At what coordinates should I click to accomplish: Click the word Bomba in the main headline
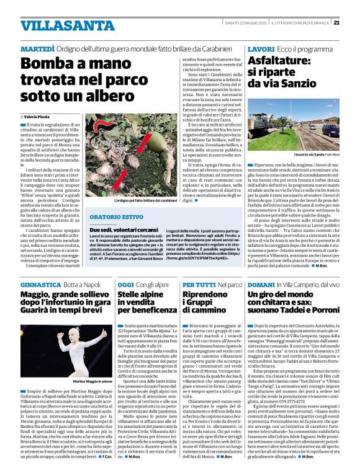coord(47,64)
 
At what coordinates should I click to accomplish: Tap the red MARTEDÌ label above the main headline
coord(40,48)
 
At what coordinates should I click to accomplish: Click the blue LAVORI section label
coord(260,48)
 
